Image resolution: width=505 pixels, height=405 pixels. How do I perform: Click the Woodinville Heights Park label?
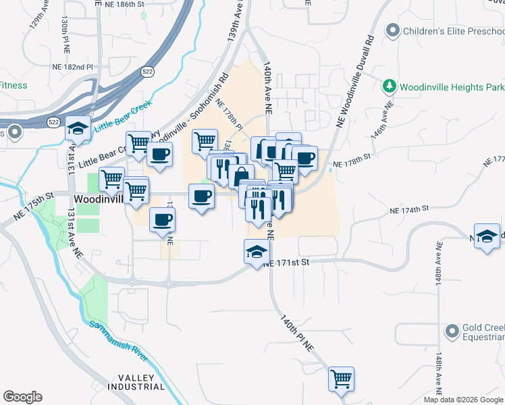[x=452, y=87]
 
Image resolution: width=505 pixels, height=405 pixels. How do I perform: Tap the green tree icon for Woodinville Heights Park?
[x=389, y=86]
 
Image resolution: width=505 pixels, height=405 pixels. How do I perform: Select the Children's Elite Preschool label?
[x=454, y=30]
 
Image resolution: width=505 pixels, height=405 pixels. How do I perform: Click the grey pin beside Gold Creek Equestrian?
[x=452, y=331]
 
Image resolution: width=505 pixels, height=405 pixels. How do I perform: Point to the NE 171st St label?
[x=286, y=263]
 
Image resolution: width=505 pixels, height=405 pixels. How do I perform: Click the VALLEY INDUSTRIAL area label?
[x=136, y=383]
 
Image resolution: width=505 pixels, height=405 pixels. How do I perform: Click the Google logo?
[x=22, y=397]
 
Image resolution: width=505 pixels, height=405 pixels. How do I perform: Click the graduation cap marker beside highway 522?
[x=79, y=129]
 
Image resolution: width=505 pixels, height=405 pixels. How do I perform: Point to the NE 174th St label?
[x=409, y=211]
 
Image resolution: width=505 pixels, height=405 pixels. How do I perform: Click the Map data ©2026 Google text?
[x=464, y=400]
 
